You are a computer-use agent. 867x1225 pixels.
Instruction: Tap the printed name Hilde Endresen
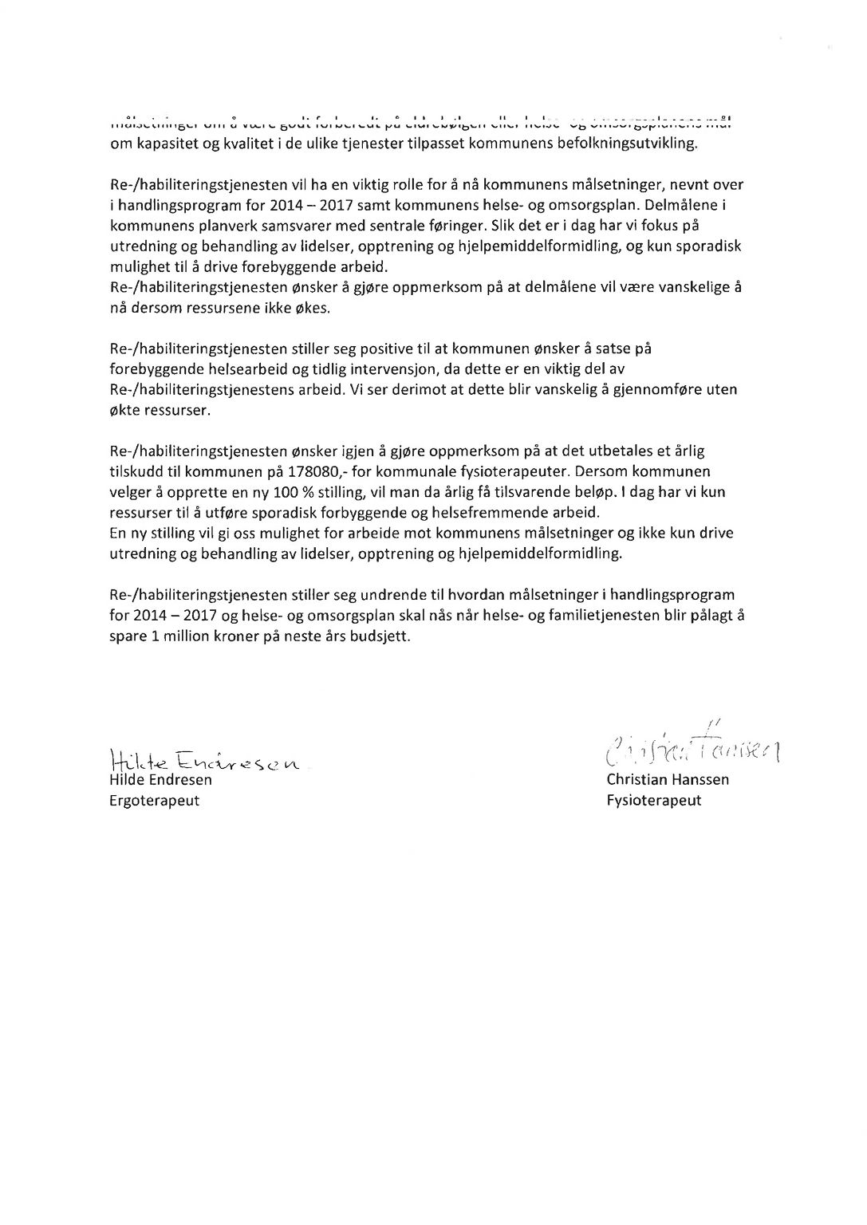[x=160, y=780]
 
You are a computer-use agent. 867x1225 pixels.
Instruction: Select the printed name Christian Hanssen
[x=667, y=780]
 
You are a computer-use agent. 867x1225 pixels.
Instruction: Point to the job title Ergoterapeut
[x=154, y=800]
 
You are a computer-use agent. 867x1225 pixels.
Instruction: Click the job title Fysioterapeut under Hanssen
[x=653, y=800]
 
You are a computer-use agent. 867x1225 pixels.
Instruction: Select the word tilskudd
[x=136, y=471]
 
